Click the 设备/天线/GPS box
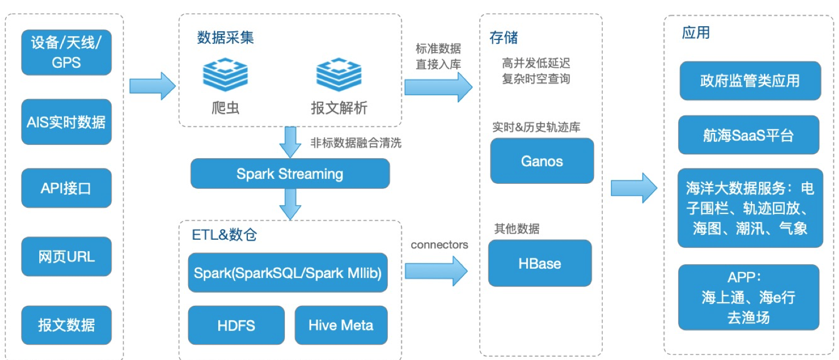(66, 53)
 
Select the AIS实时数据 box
(66, 122)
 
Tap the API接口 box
(66, 188)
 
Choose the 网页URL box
(66, 257)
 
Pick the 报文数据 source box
(66, 325)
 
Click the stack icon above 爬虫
(225, 75)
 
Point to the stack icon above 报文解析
(339, 75)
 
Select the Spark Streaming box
(290, 174)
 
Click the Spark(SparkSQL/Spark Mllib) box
(288, 272)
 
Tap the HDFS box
(236, 326)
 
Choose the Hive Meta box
(341, 326)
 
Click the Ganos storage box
(541, 161)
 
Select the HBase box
(539, 263)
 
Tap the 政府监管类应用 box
(750, 81)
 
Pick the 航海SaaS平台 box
(748, 135)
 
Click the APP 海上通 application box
(748, 298)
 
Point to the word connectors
(439, 245)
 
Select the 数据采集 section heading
(225, 38)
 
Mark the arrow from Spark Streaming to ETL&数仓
(290, 204)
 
